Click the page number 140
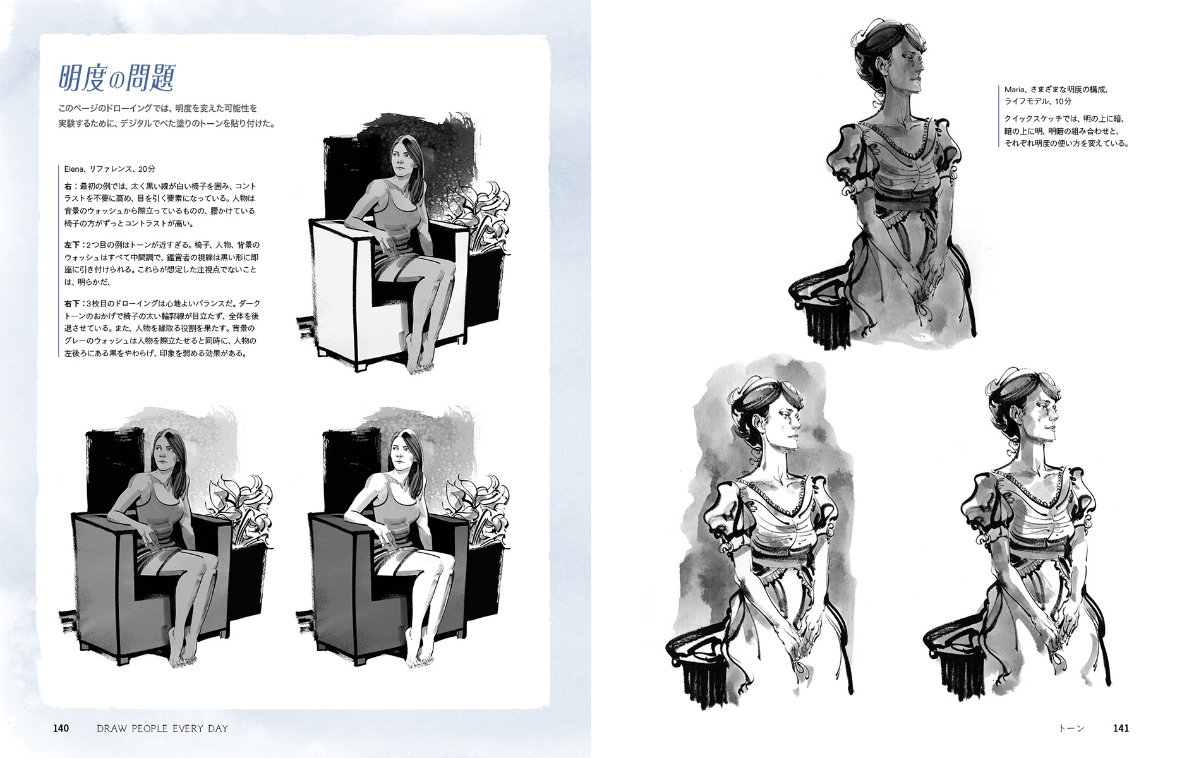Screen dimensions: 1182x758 (x=61, y=728)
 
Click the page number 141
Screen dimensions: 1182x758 (x=1121, y=728)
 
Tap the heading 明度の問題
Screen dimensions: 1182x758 (x=116, y=78)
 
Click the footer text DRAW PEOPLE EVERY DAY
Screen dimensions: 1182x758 (x=162, y=728)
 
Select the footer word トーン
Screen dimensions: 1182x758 (x=1071, y=728)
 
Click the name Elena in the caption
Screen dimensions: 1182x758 (x=74, y=169)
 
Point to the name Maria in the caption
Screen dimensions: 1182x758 (x=1015, y=90)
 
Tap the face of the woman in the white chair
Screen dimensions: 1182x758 (x=399, y=159)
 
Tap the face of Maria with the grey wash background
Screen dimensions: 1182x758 (x=784, y=420)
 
